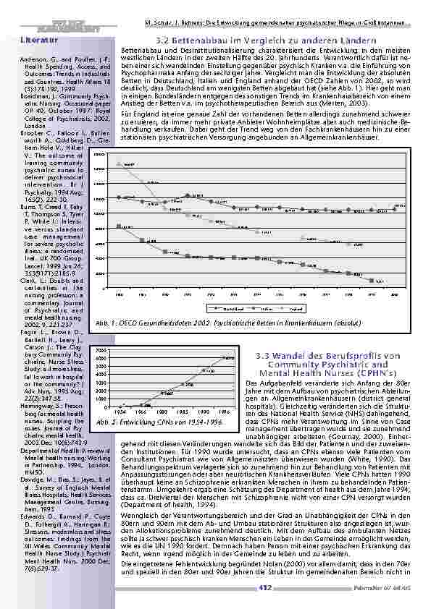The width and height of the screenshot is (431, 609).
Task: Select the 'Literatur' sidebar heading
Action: pyautogui.click(x=35, y=40)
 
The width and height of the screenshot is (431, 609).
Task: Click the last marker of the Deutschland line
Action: pyautogui.click(x=394, y=207)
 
